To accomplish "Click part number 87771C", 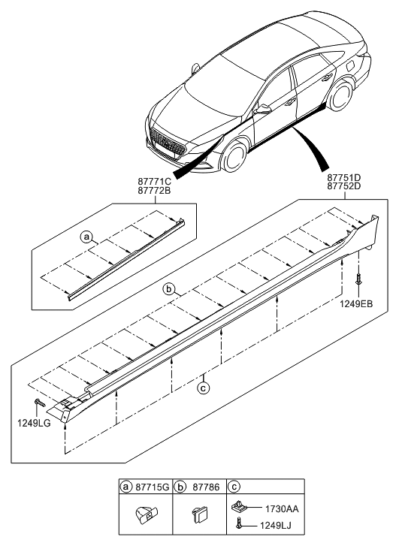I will tap(156, 181).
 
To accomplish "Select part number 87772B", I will tap(156, 191).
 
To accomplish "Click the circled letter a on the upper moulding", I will tap(87, 237).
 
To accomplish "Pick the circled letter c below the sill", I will tap(202, 388).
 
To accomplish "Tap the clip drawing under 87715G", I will tap(145, 517).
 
